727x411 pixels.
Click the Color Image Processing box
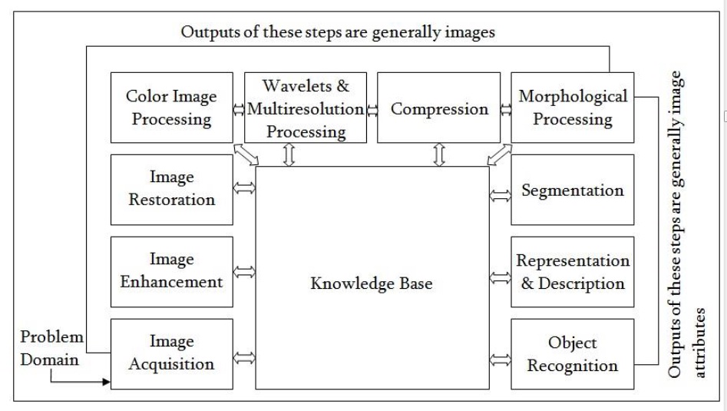[171, 108]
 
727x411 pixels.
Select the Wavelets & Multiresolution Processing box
[306, 107]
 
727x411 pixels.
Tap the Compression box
[439, 108]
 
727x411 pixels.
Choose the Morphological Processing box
[573, 108]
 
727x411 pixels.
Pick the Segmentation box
[573, 190]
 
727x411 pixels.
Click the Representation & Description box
[573, 271]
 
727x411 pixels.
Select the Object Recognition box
[573, 353]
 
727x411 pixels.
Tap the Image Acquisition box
[171, 353]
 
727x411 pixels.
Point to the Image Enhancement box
[171, 271]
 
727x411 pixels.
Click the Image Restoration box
[171, 190]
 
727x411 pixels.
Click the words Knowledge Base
[372, 283]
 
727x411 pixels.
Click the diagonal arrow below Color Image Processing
[246, 154]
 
